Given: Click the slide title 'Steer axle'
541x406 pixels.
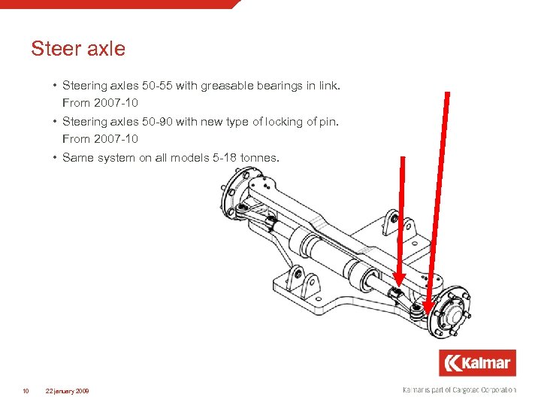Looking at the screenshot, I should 78,50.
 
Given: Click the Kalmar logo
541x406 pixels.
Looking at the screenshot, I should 477,363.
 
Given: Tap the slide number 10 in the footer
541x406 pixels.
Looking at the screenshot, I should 26,390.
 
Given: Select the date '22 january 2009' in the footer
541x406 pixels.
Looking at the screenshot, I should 67,390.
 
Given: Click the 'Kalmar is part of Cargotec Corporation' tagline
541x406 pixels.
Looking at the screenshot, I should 459,389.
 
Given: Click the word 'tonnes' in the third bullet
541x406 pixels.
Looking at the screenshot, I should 259,158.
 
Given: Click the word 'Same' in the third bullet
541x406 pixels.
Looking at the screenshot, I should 78,158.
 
